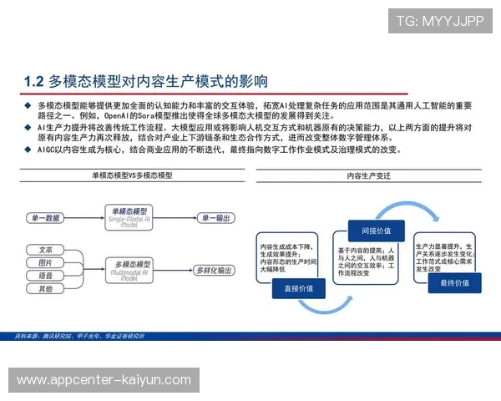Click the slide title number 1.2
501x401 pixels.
pyautogui.click(x=33, y=81)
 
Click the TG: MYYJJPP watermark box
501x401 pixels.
pyautogui.click(x=439, y=21)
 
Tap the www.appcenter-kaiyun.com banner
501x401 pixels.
pyautogui.click(x=104, y=380)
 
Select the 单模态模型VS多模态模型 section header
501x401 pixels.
pyautogui.click(x=132, y=176)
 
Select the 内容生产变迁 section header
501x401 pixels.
pyautogui.click(x=368, y=176)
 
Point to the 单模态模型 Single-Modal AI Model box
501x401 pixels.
pyautogui.click(x=129, y=217)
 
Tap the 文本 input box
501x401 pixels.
pyautogui.click(x=45, y=250)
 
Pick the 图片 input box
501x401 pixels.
pyautogui.click(x=45, y=263)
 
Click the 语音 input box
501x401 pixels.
pyautogui.click(x=45, y=276)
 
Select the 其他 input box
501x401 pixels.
pyautogui.click(x=45, y=289)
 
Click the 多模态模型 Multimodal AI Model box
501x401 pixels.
pyautogui.click(x=129, y=268)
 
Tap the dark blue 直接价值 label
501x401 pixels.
pyautogui.click(x=298, y=288)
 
